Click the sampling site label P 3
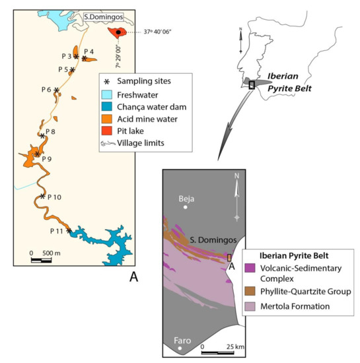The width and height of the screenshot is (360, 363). tap(67, 57)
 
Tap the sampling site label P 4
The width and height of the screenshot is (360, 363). tap(90, 51)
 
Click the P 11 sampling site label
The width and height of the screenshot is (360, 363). tap(57, 231)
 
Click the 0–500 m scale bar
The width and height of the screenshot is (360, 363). tap(41, 259)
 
